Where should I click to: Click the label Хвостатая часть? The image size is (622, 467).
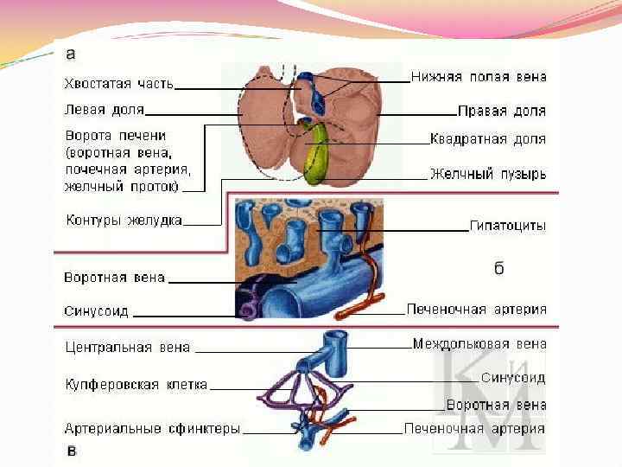[x=118, y=84]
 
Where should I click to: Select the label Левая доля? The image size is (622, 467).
[x=105, y=110]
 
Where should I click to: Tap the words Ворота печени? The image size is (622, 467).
[x=116, y=136]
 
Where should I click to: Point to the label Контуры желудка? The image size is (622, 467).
[x=124, y=220]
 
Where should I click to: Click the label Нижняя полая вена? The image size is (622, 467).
[x=479, y=77]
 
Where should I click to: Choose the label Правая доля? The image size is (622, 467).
[x=502, y=112]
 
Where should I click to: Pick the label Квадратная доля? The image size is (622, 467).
[x=488, y=138]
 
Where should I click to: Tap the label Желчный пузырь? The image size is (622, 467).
[x=488, y=174]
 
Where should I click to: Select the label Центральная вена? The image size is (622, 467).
[x=129, y=349]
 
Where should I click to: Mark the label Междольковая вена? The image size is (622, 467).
[x=479, y=344]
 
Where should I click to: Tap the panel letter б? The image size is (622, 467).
[x=498, y=269]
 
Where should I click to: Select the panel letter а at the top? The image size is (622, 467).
[x=71, y=54]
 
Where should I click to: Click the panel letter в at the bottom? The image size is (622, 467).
[x=73, y=451]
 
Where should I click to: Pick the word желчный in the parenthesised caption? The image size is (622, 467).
[x=89, y=185]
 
